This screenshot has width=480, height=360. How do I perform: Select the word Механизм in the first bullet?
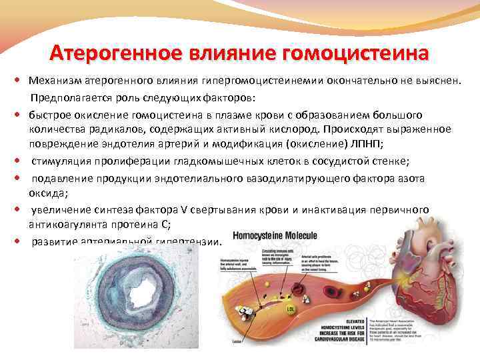[x=55, y=81]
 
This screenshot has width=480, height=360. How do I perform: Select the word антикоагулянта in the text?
[x=71, y=225]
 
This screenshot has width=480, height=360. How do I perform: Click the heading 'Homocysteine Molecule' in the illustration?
[x=275, y=236]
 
